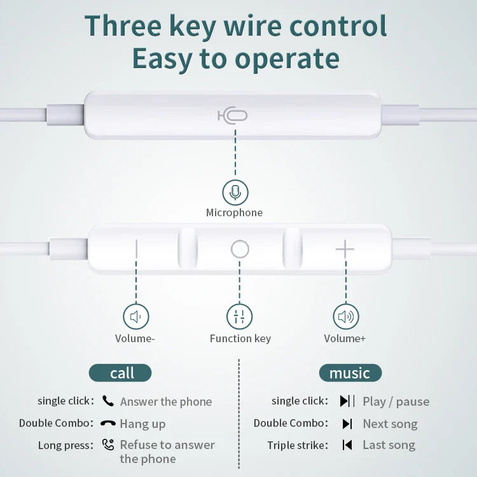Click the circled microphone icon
tap(235, 192)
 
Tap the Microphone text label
tap(234, 213)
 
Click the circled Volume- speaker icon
tap(135, 316)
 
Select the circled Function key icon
tap(240, 316)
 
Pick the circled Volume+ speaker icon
tap(345, 316)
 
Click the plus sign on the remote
tap(345, 249)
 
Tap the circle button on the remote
tap(240, 249)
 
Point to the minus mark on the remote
tap(136, 249)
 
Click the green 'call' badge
tap(121, 373)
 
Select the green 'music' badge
tap(349, 373)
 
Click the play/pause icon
tap(347, 401)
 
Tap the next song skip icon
tap(347, 424)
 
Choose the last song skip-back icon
tap(347, 445)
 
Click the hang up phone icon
tap(108, 424)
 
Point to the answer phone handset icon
tap(108, 401)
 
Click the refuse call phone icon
tap(108, 445)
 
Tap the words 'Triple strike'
tap(298, 445)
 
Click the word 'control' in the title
tap(338, 25)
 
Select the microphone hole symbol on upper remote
tap(233, 115)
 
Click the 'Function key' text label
tap(240, 338)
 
